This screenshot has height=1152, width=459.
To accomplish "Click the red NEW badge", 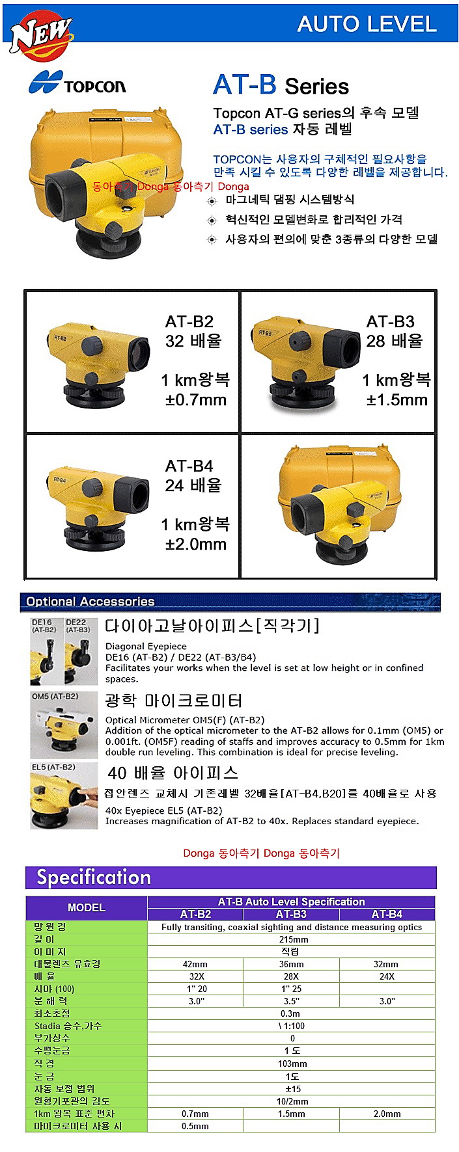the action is [40, 34].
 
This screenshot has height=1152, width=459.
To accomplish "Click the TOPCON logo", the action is [77, 83].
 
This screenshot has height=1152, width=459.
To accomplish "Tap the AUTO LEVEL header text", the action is [367, 24].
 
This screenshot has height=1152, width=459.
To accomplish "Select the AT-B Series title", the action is [281, 85].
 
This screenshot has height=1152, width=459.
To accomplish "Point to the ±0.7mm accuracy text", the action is [196, 399].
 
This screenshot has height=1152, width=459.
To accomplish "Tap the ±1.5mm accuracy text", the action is [397, 399].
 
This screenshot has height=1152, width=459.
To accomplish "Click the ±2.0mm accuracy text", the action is [196, 544].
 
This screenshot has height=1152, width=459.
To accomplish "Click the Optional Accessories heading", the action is [90, 602].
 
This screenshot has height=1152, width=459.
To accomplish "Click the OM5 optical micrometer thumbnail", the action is [64, 725].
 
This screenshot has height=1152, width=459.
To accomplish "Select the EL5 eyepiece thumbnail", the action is [64, 796].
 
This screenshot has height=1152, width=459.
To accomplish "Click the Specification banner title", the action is [94, 877].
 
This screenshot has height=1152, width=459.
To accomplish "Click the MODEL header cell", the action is [87, 907].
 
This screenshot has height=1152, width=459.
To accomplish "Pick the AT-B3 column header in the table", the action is [291, 914].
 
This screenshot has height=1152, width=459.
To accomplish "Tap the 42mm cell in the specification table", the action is [195, 964].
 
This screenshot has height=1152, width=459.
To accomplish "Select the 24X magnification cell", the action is [387, 976].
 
